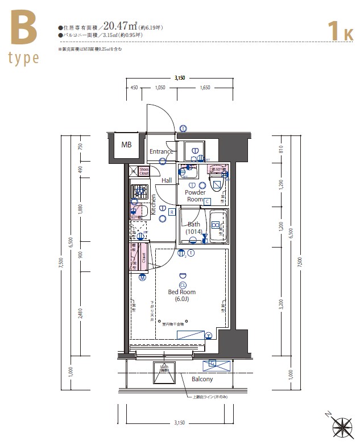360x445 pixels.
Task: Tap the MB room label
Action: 126,145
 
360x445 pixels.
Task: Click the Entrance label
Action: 161,151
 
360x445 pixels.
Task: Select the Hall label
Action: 167,180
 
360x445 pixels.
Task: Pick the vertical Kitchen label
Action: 153,204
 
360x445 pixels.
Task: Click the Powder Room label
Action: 196,196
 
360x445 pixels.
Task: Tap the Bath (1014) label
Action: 195,228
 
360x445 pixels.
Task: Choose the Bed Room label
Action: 182,295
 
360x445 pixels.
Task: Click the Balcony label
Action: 202,379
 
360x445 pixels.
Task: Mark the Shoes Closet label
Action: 144,172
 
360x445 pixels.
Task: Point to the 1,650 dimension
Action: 205,88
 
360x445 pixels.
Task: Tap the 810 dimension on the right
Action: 280,150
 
